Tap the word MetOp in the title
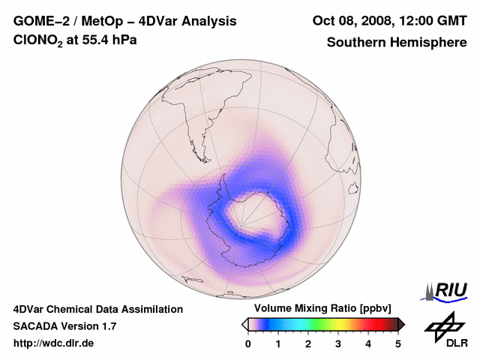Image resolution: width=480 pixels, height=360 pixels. [x=100, y=21]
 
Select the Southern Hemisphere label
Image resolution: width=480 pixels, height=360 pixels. [x=396, y=42]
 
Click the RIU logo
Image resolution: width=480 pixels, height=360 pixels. [x=448, y=289]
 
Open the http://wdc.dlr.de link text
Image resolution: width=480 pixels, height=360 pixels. [x=55, y=343]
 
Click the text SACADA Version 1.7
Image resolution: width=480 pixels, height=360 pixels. [x=64, y=326]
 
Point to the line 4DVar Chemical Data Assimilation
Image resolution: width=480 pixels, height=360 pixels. [x=98, y=309]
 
